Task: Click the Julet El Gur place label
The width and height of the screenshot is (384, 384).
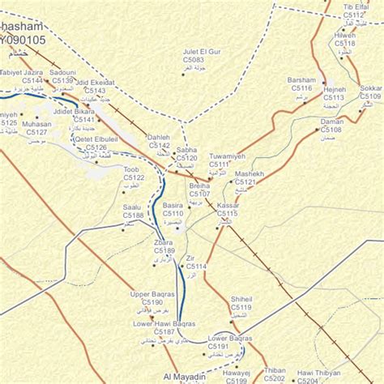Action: pos(202,52)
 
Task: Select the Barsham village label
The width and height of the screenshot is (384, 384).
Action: pos(301,80)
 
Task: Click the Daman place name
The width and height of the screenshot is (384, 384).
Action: pos(332,122)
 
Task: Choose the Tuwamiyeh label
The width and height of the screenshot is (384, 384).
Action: pos(225,156)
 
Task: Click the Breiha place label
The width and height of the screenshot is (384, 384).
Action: pos(199,186)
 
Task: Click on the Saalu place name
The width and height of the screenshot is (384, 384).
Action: pos(132,207)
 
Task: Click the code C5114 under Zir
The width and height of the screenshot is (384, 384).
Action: pos(196,266)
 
